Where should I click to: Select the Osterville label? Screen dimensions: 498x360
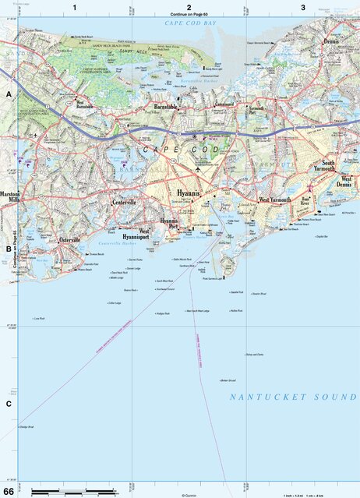click(70, 240)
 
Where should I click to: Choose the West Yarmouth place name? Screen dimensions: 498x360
click(274, 200)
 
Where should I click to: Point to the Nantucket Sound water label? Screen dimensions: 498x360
click(294, 397)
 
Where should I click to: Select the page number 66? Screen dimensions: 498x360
click(9, 491)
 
